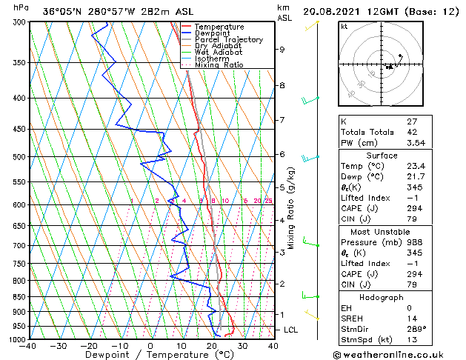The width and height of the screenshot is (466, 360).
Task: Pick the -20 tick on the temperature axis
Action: coord(88,346)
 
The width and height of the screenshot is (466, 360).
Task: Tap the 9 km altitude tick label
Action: coord(282,50)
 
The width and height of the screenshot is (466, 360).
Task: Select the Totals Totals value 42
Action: coord(412,132)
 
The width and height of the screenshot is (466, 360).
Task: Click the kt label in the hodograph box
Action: coord(344,26)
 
